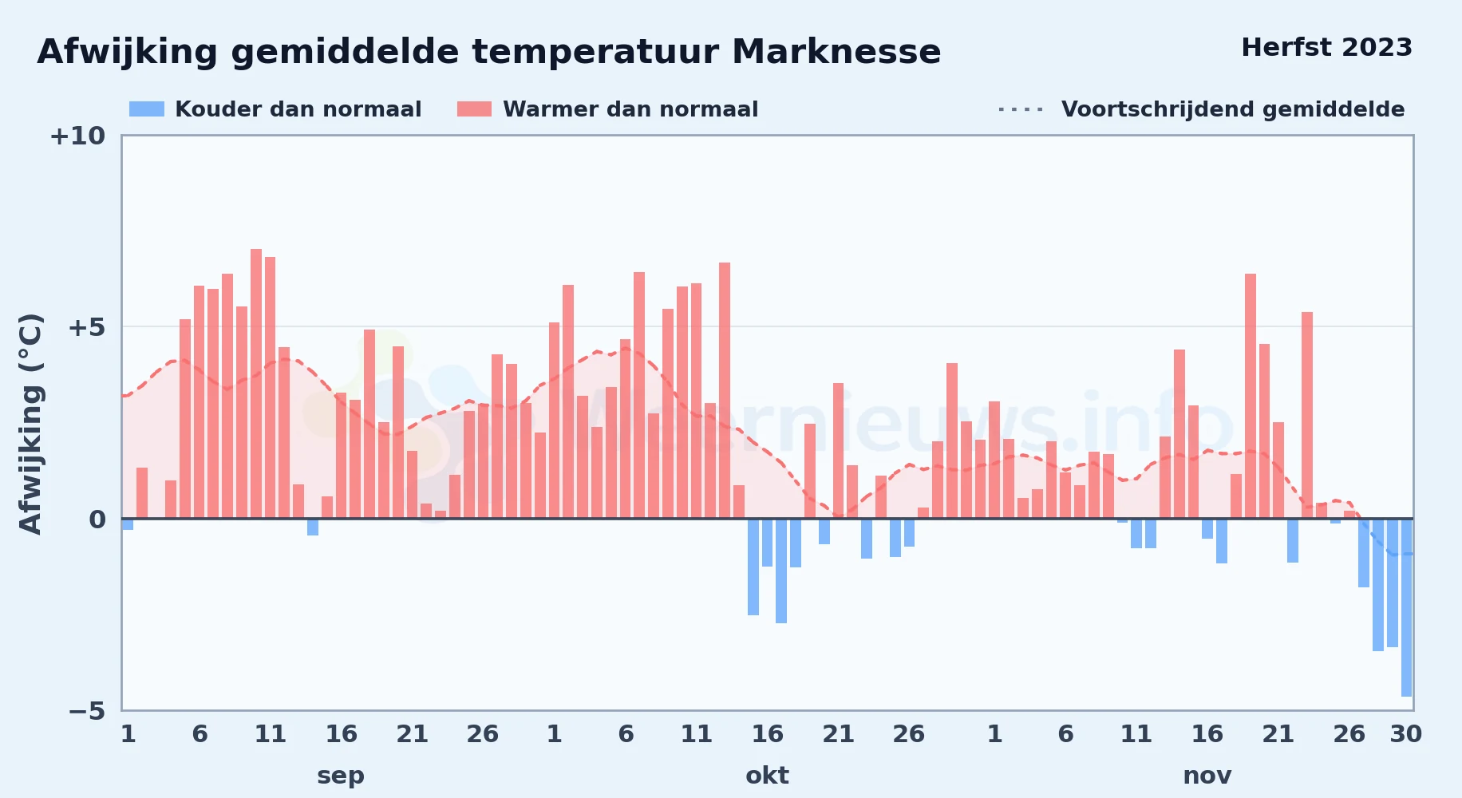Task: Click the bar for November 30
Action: point(1406,607)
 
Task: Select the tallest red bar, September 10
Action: point(256,384)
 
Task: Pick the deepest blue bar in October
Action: point(781,571)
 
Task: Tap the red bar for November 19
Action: point(1251,396)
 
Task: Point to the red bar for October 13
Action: point(725,390)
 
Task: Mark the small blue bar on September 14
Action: point(313,527)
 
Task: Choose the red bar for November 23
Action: point(1307,415)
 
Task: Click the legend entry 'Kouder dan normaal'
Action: point(275,109)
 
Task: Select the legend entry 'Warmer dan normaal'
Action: point(607,109)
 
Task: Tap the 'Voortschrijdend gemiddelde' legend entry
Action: point(1201,109)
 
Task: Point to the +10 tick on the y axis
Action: point(77,136)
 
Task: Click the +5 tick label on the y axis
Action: point(86,327)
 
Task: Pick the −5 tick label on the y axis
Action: point(87,710)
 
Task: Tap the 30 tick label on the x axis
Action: point(1406,734)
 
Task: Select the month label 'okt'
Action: point(767,776)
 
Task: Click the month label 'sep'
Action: point(341,776)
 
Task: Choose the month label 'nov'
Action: point(1207,776)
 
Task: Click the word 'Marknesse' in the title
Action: point(836,52)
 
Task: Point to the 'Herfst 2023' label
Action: point(1327,47)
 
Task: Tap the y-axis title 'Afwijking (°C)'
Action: point(30,424)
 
